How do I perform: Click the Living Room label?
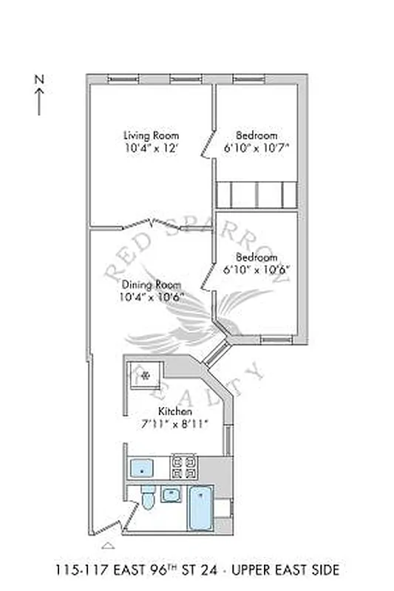[x=151, y=135]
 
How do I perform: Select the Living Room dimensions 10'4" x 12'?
[x=151, y=148]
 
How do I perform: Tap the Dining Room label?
[x=151, y=284]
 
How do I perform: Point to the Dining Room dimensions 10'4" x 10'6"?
[x=151, y=297]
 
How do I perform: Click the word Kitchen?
[x=175, y=411]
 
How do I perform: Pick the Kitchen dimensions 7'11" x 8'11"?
[x=175, y=423]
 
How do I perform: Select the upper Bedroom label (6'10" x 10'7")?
[x=257, y=135]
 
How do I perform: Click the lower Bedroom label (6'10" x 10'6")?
[x=257, y=258]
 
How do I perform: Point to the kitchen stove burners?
[x=184, y=467]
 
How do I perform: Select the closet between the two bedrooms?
[x=257, y=194]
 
